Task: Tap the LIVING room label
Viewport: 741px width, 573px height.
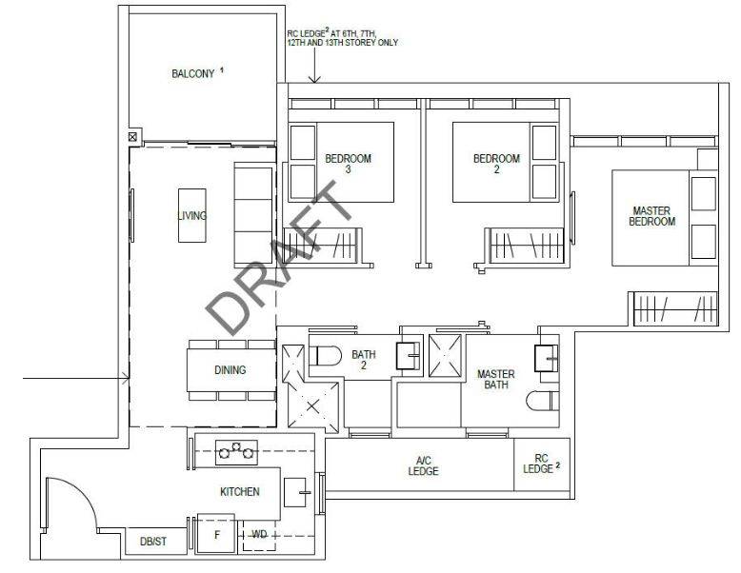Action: [191, 215]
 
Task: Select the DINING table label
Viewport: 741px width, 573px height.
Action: [230, 370]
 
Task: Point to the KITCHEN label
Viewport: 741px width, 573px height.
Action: [240, 492]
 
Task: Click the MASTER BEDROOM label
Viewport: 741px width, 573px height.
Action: [651, 216]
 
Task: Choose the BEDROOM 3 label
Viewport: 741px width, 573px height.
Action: [349, 164]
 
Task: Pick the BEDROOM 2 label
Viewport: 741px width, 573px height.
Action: [496, 164]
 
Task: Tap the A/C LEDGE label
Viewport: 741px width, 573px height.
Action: [424, 465]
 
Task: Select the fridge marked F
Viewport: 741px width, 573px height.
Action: [216, 533]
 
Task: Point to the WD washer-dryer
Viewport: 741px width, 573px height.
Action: [259, 535]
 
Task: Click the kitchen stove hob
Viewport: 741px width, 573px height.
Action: [236, 452]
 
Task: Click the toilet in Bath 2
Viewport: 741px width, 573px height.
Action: [325, 356]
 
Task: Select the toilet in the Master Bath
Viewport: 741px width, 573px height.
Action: [543, 401]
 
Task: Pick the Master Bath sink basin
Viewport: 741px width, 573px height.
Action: [547, 358]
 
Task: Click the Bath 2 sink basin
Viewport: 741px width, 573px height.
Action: [408, 355]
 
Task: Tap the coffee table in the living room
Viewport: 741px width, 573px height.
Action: [191, 215]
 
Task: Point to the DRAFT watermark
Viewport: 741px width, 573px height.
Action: [278, 258]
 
